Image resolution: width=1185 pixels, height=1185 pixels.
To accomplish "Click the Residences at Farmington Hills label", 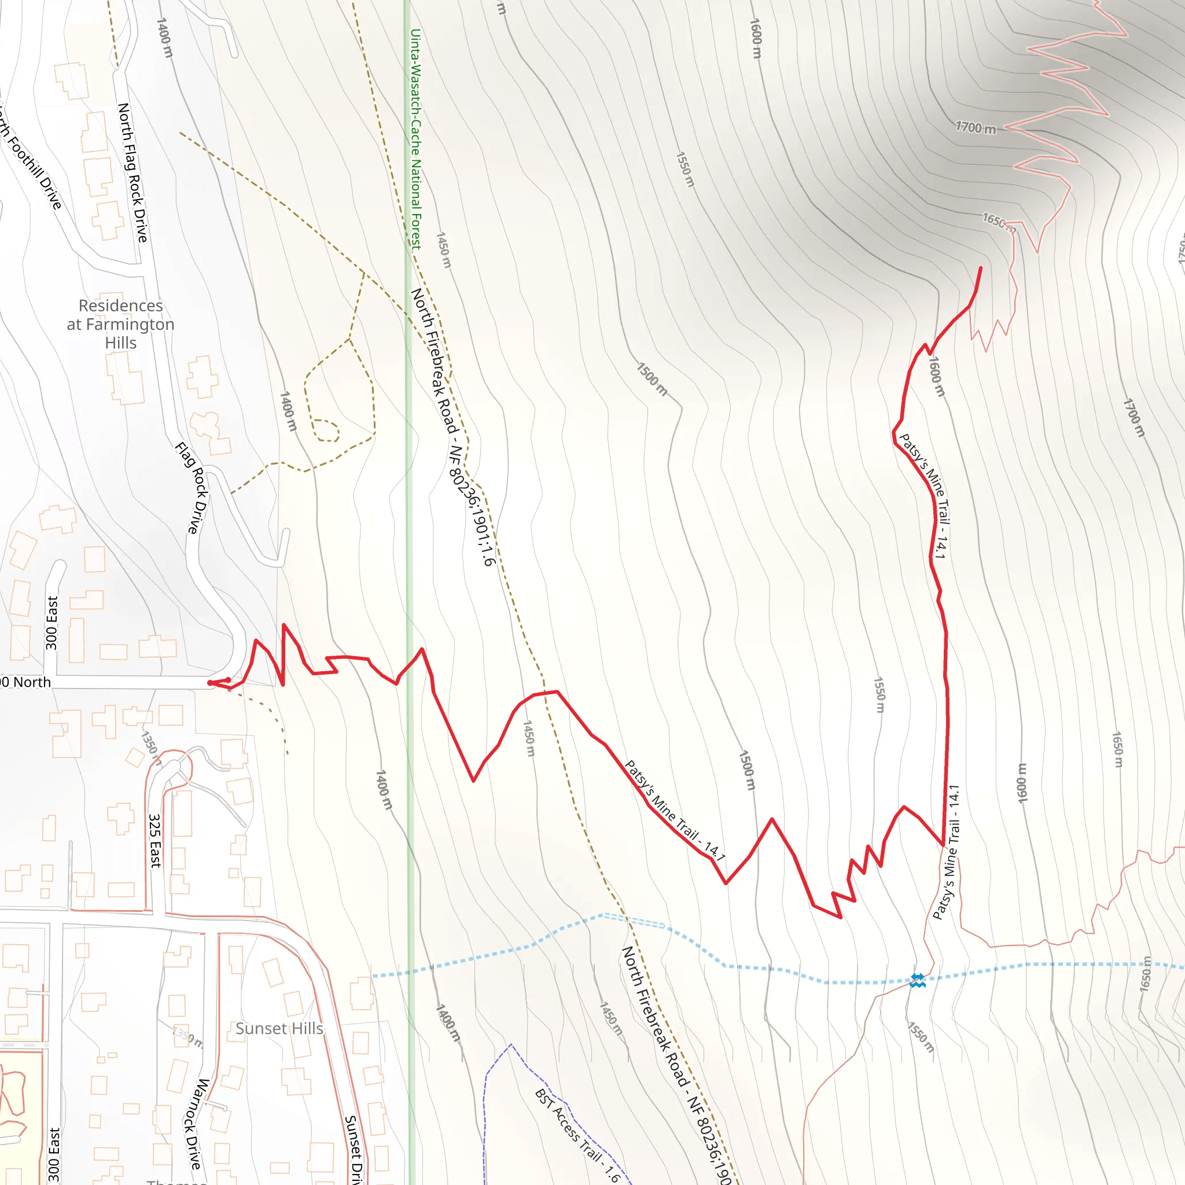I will click(120, 324).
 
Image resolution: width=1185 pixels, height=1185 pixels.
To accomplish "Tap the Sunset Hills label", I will click(279, 1028).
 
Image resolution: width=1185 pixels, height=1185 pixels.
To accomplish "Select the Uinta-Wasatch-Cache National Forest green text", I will click(416, 139).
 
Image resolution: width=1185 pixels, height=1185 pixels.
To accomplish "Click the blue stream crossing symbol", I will click(917, 980).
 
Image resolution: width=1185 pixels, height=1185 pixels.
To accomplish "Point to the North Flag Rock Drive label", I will click(133, 172).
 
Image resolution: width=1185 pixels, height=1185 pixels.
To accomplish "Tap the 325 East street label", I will click(155, 840).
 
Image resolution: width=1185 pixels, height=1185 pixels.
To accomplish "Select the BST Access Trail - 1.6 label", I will click(577, 1135).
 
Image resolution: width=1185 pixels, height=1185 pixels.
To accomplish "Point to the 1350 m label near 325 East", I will click(151, 748).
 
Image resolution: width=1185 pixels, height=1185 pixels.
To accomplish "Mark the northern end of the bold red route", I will click(981, 268).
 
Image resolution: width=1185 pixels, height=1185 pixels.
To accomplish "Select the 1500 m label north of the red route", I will click(652, 378).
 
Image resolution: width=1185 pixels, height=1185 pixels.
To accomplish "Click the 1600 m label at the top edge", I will click(756, 39).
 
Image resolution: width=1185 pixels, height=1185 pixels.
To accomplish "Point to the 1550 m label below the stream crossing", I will click(921, 1036).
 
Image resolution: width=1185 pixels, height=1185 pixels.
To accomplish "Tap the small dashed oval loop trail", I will click(325, 430).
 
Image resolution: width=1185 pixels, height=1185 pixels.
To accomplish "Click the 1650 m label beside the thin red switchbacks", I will click(999, 222).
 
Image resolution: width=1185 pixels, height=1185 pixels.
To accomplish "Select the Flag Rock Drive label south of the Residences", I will click(192, 488).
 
